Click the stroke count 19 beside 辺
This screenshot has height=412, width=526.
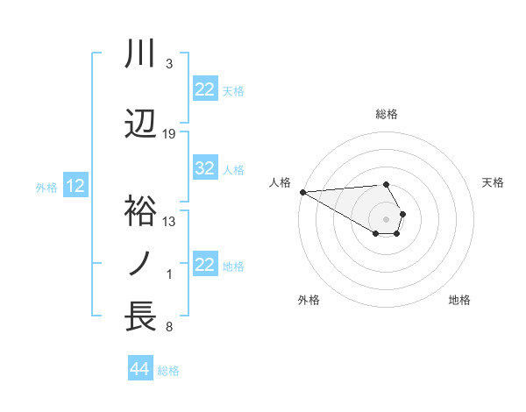pyautogui.click(x=169, y=133)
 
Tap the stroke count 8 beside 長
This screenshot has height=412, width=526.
pyautogui.click(x=169, y=328)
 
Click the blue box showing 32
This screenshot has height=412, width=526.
pyautogui.click(x=205, y=169)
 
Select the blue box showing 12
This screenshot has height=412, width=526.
pyautogui.click(x=75, y=186)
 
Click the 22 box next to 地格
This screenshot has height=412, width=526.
pyautogui.click(x=205, y=266)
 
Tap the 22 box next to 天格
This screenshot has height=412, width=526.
pyautogui.click(x=205, y=89)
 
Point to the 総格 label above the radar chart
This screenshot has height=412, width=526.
pyautogui.click(x=387, y=114)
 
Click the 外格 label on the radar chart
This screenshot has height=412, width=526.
pyautogui.click(x=309, y=300)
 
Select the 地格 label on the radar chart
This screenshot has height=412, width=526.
pyautogui.click(x=459, y=300)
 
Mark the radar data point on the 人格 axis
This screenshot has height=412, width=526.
pyautogui.click(x=302, y=192)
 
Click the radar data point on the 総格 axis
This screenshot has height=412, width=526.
pyautogui.click(x=386, y=184)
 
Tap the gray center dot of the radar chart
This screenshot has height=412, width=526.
pyautogui.click(x=386, y=217)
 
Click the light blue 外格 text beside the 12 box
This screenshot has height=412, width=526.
pyautogui.click(x=46, y=187)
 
